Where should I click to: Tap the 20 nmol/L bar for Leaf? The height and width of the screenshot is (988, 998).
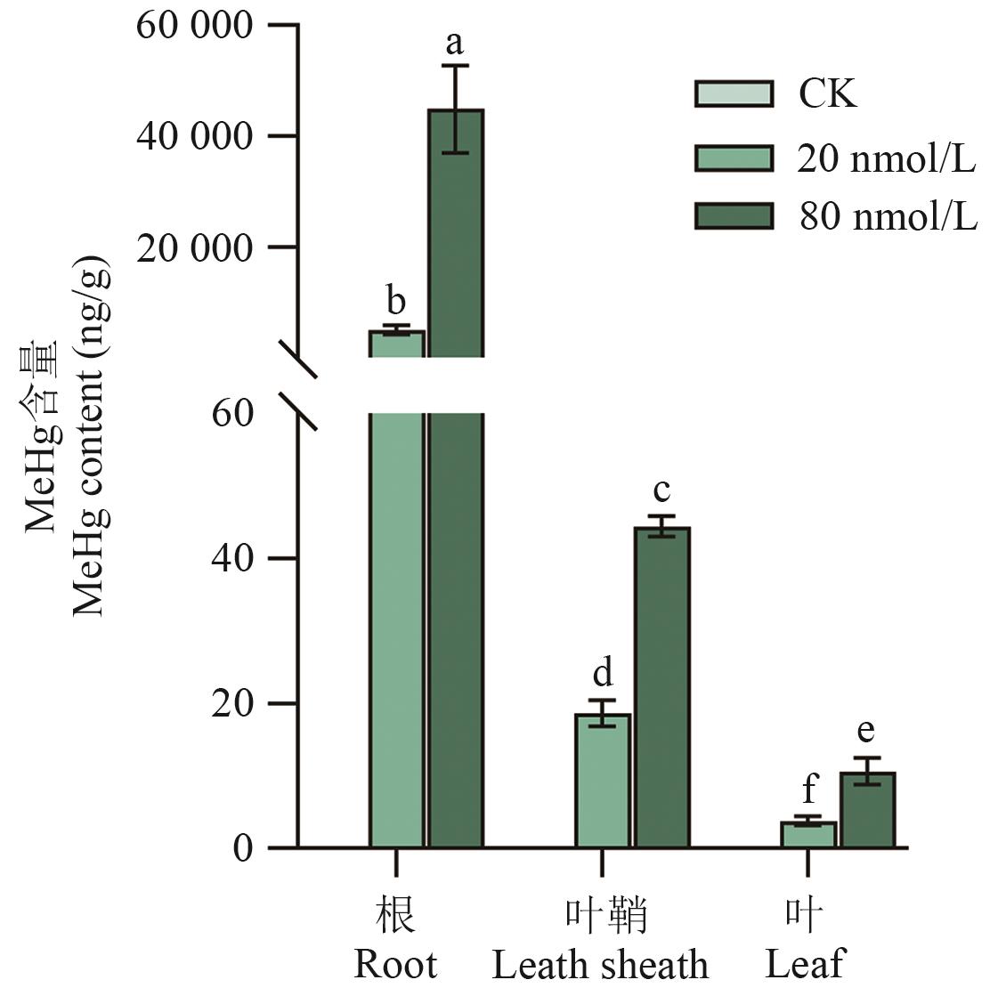point(808,835)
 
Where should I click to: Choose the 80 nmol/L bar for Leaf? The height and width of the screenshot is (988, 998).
point(867,810)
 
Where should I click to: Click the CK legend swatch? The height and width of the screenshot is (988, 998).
point(733,93)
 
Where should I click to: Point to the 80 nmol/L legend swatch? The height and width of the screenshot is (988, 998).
point(733,216)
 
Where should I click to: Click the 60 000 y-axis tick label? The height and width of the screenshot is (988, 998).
point(194,26)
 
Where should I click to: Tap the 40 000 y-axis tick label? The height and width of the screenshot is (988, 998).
point(194,136)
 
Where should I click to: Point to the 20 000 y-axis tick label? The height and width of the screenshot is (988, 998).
point(194,247)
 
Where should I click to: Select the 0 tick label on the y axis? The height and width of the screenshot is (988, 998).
point(243,848)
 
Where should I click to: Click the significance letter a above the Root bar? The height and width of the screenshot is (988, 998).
point(455,42)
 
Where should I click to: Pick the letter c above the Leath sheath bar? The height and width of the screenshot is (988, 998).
point(661,490)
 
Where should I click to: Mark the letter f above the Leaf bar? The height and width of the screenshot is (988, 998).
point(808,789)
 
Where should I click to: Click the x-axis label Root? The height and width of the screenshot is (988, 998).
point(395,965)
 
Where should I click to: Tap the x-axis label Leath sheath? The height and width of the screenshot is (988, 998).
point(601,965)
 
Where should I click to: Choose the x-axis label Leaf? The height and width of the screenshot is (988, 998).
point(805,965)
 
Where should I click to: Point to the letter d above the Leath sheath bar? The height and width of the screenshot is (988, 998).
point(603,673)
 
